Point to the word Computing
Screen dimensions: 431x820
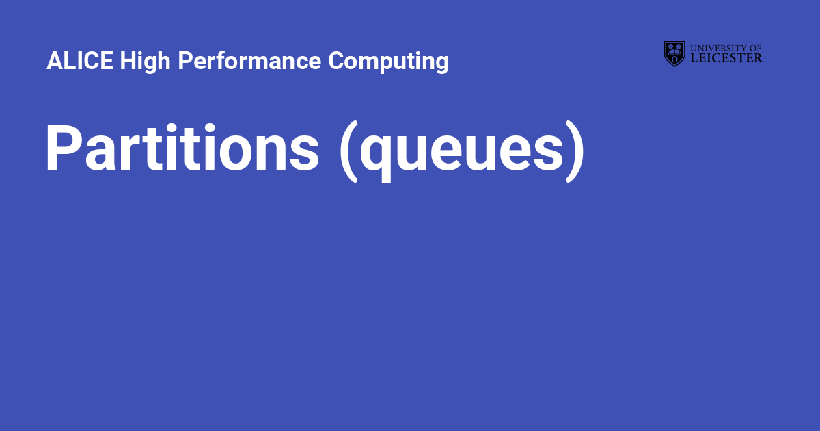pyautogui.click(x=388, y=62)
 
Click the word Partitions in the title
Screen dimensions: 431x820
pyautogui.click(x=182, y=149)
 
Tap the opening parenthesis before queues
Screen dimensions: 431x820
pyautogui.click(x=348, y=152)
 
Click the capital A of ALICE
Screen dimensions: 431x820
pyautogui.click(x=54, y=62)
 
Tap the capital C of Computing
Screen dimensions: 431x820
pyautogui.click(x=336, y=62)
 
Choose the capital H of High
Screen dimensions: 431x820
pyautogui.click(x=127, y=62)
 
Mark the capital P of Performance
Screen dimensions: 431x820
pyautogui.click(x=185, y=62)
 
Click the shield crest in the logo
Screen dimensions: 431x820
pyautogui.click(x=674, y=53)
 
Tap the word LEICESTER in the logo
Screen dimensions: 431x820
pyautogui.click(x=726, y=58)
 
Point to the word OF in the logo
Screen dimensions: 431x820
pyautogui.click(x=755, y=48)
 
